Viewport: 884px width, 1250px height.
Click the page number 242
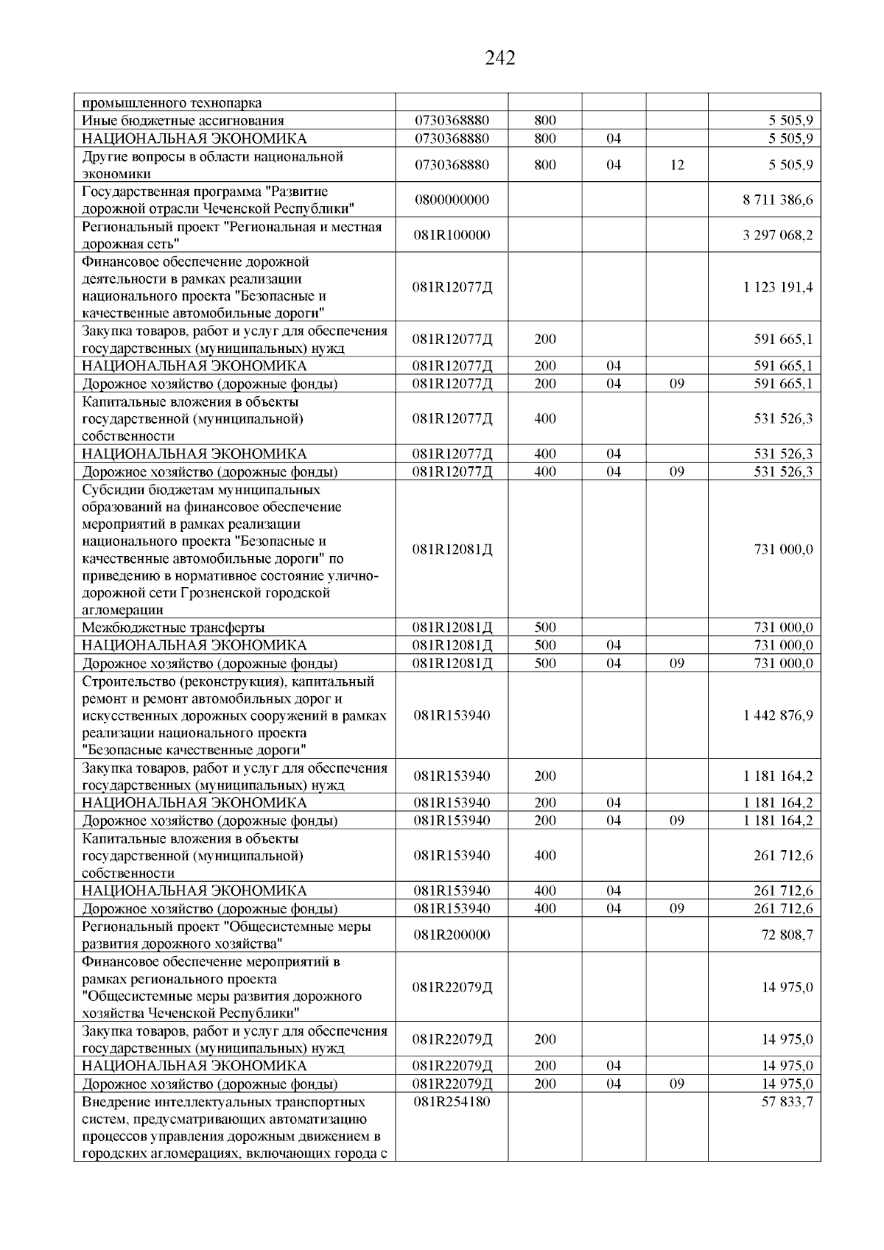tap(500, 58)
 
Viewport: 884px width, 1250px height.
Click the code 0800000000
tap(452, 200)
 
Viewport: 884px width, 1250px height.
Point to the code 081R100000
tap(452, 236)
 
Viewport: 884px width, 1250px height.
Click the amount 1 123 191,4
tap(778, 287)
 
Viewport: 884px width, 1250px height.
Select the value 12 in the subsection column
tap(677, 166)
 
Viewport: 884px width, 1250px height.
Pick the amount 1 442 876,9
tap(778, 716)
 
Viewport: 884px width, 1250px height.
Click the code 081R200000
tap(452, 935)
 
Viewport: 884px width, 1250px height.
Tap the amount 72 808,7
tap(787, 935)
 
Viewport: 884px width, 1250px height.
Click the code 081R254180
tap(452, 1102)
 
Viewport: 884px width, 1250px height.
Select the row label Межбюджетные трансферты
tap(173, 628)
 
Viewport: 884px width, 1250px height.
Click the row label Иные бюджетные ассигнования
tap(183, 121)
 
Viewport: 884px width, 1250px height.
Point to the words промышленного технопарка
tap(172, 103)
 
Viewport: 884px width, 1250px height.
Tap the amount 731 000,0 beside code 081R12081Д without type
tap(784, 549)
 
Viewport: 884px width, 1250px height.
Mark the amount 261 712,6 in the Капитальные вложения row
tap(784, 856)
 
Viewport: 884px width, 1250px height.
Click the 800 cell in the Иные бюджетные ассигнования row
tap(545, 121)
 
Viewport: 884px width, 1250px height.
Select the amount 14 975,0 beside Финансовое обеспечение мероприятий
tap(787, 988)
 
